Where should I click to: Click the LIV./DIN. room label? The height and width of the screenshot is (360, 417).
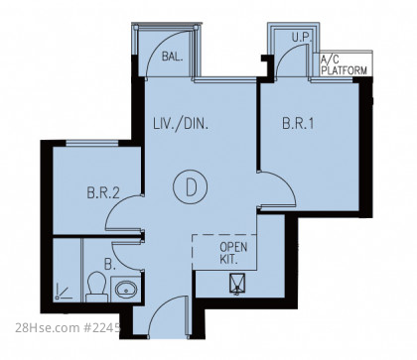(x=181, y=124)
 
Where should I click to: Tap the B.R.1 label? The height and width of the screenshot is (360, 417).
(x=298, y=123)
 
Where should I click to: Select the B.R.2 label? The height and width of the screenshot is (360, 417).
(x=103, y=192)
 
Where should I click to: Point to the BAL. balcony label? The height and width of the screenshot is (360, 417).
(x=172, y=57)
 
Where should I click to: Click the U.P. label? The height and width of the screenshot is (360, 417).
(x=302, y=38)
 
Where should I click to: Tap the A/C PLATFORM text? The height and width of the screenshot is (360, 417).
(x=345, y=65)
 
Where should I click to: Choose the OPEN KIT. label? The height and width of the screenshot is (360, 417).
(x=233, y=253)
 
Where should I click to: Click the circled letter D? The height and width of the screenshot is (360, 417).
(x=191, y=187)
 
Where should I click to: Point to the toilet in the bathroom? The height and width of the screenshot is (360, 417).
(x=96, y=287)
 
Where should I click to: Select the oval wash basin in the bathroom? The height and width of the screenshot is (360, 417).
(x=126, y=290)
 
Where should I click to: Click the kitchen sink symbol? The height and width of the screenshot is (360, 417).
(x=237, y=284)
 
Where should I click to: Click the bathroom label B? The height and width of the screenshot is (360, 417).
(x=110, y=265)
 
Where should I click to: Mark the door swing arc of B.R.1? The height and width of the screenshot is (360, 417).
(x=287, y=180)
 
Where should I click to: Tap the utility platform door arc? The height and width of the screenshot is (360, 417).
(x=285, y=53)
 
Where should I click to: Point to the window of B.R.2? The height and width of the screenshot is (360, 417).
(x=92, y=143)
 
